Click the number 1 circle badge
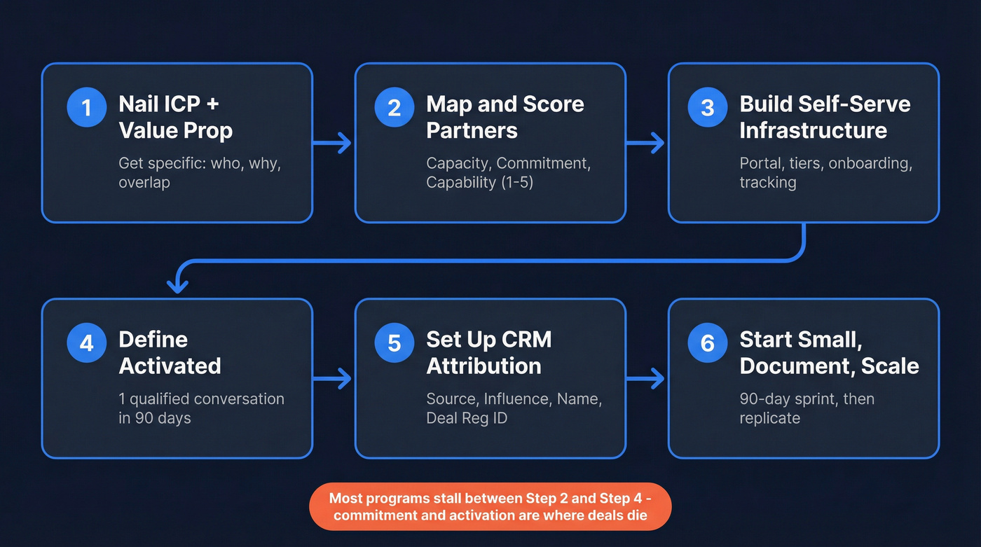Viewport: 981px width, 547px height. coord(86,107)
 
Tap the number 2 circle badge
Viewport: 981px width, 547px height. coord(394,107)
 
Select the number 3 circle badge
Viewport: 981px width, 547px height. coord(707,107)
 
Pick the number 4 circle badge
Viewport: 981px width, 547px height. coord(86,342)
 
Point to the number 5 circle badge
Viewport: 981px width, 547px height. coord(394,342)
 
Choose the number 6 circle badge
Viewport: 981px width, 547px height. coord(707,342)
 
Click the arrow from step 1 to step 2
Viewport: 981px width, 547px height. coord(333,144)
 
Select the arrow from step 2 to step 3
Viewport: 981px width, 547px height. coord(645,144)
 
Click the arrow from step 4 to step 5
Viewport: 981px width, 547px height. coord(333,379)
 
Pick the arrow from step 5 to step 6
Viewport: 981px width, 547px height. coord(645,379)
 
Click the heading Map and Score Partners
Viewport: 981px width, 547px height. coord(505,117)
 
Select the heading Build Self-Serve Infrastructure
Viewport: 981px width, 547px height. coord(825,117)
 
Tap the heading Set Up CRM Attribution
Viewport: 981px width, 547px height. coord(488,352)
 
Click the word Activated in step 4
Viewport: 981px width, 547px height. coord(170,366)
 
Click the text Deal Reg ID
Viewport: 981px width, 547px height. coord(467,418)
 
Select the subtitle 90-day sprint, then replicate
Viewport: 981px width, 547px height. coord(807,408)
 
